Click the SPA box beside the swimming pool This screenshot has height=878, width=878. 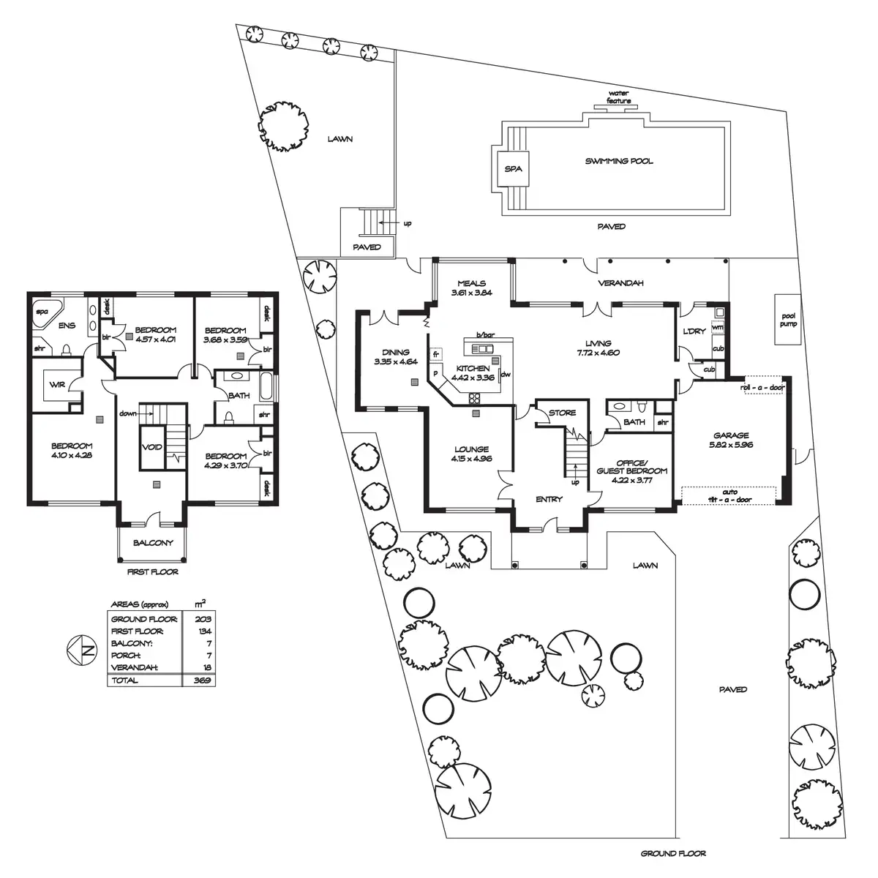click(513, 168)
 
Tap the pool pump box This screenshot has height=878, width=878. click(788, 319)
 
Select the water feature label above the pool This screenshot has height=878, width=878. click(619, 97)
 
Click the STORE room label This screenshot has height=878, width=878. click(562, 413)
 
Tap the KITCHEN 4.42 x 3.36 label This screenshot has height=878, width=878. click(475, 372)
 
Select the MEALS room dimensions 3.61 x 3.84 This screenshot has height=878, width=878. click(472, 293)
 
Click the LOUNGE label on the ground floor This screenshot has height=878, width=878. click(471, 454)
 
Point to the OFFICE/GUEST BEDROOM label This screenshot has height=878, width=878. click(632, 466)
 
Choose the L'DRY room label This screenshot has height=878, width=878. click(694, 331)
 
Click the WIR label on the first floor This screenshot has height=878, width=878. click(57, 385)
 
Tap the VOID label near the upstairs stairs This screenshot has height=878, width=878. click(152, 448)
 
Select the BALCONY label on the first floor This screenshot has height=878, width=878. click(153, 543)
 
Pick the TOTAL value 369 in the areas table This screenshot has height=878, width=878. click(203, 680)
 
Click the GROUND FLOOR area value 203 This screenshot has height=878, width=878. click(203, 619)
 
